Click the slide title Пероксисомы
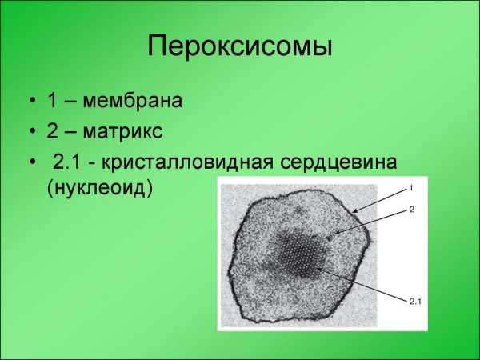tap(239, 46)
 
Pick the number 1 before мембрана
tap(53, 102)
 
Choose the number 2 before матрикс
tap(53, 131)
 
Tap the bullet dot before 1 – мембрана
tap(31, 102)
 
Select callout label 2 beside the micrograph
tap(410, 209)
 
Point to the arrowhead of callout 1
tap(351, 213)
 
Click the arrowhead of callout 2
tap(338, 234)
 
